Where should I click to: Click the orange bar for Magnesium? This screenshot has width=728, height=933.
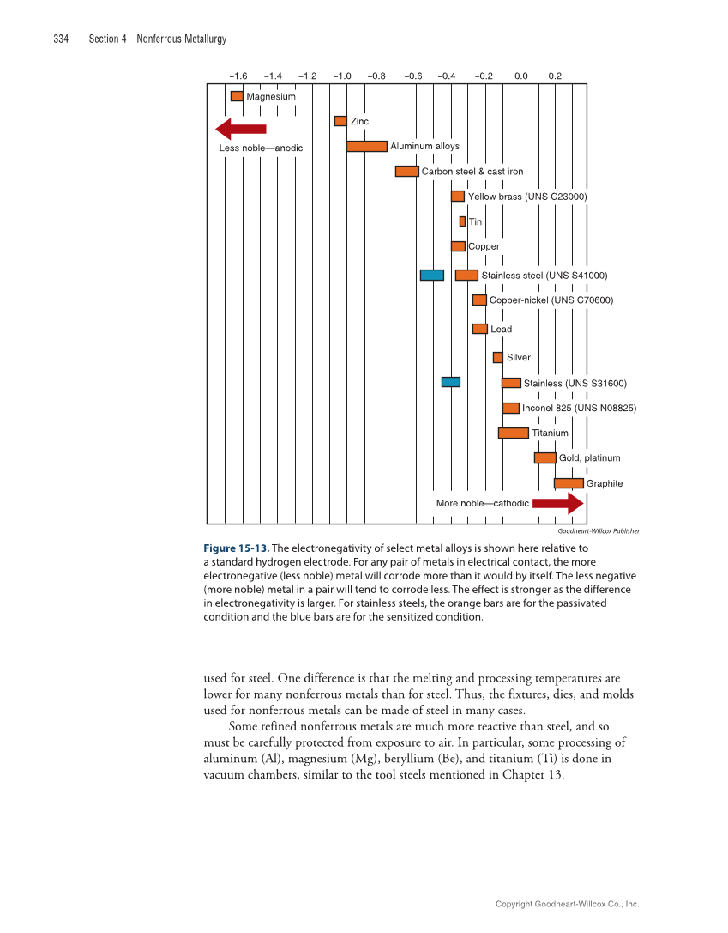(237, 96)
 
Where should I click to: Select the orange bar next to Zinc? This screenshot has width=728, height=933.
(340, 121)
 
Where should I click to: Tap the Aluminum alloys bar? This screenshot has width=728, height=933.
(367, 146)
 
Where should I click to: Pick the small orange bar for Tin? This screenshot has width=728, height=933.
(462, 221)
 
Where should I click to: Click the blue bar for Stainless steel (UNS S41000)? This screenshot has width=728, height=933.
(431, 275)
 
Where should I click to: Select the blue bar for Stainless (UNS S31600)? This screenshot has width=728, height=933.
(451, 382)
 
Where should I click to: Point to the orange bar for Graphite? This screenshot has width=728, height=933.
(569, 483)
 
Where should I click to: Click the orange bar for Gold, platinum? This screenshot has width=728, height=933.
(544, 457)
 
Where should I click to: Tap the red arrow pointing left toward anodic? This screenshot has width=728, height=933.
(241, 130)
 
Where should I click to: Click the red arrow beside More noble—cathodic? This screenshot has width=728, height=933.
(557, 503)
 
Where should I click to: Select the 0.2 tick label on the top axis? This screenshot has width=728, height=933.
(555, 76)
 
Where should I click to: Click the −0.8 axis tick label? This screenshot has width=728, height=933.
(376, 76)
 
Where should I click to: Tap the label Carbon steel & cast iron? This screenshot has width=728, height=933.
(472, 172)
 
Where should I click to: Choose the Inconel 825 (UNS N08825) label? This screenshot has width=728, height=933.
(579, 408)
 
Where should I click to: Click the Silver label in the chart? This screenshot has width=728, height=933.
(518, 357)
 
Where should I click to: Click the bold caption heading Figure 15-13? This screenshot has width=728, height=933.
(237, 548)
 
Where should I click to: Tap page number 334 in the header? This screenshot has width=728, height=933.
(61, 39)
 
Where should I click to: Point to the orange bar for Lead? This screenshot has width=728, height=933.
(480, 329)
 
